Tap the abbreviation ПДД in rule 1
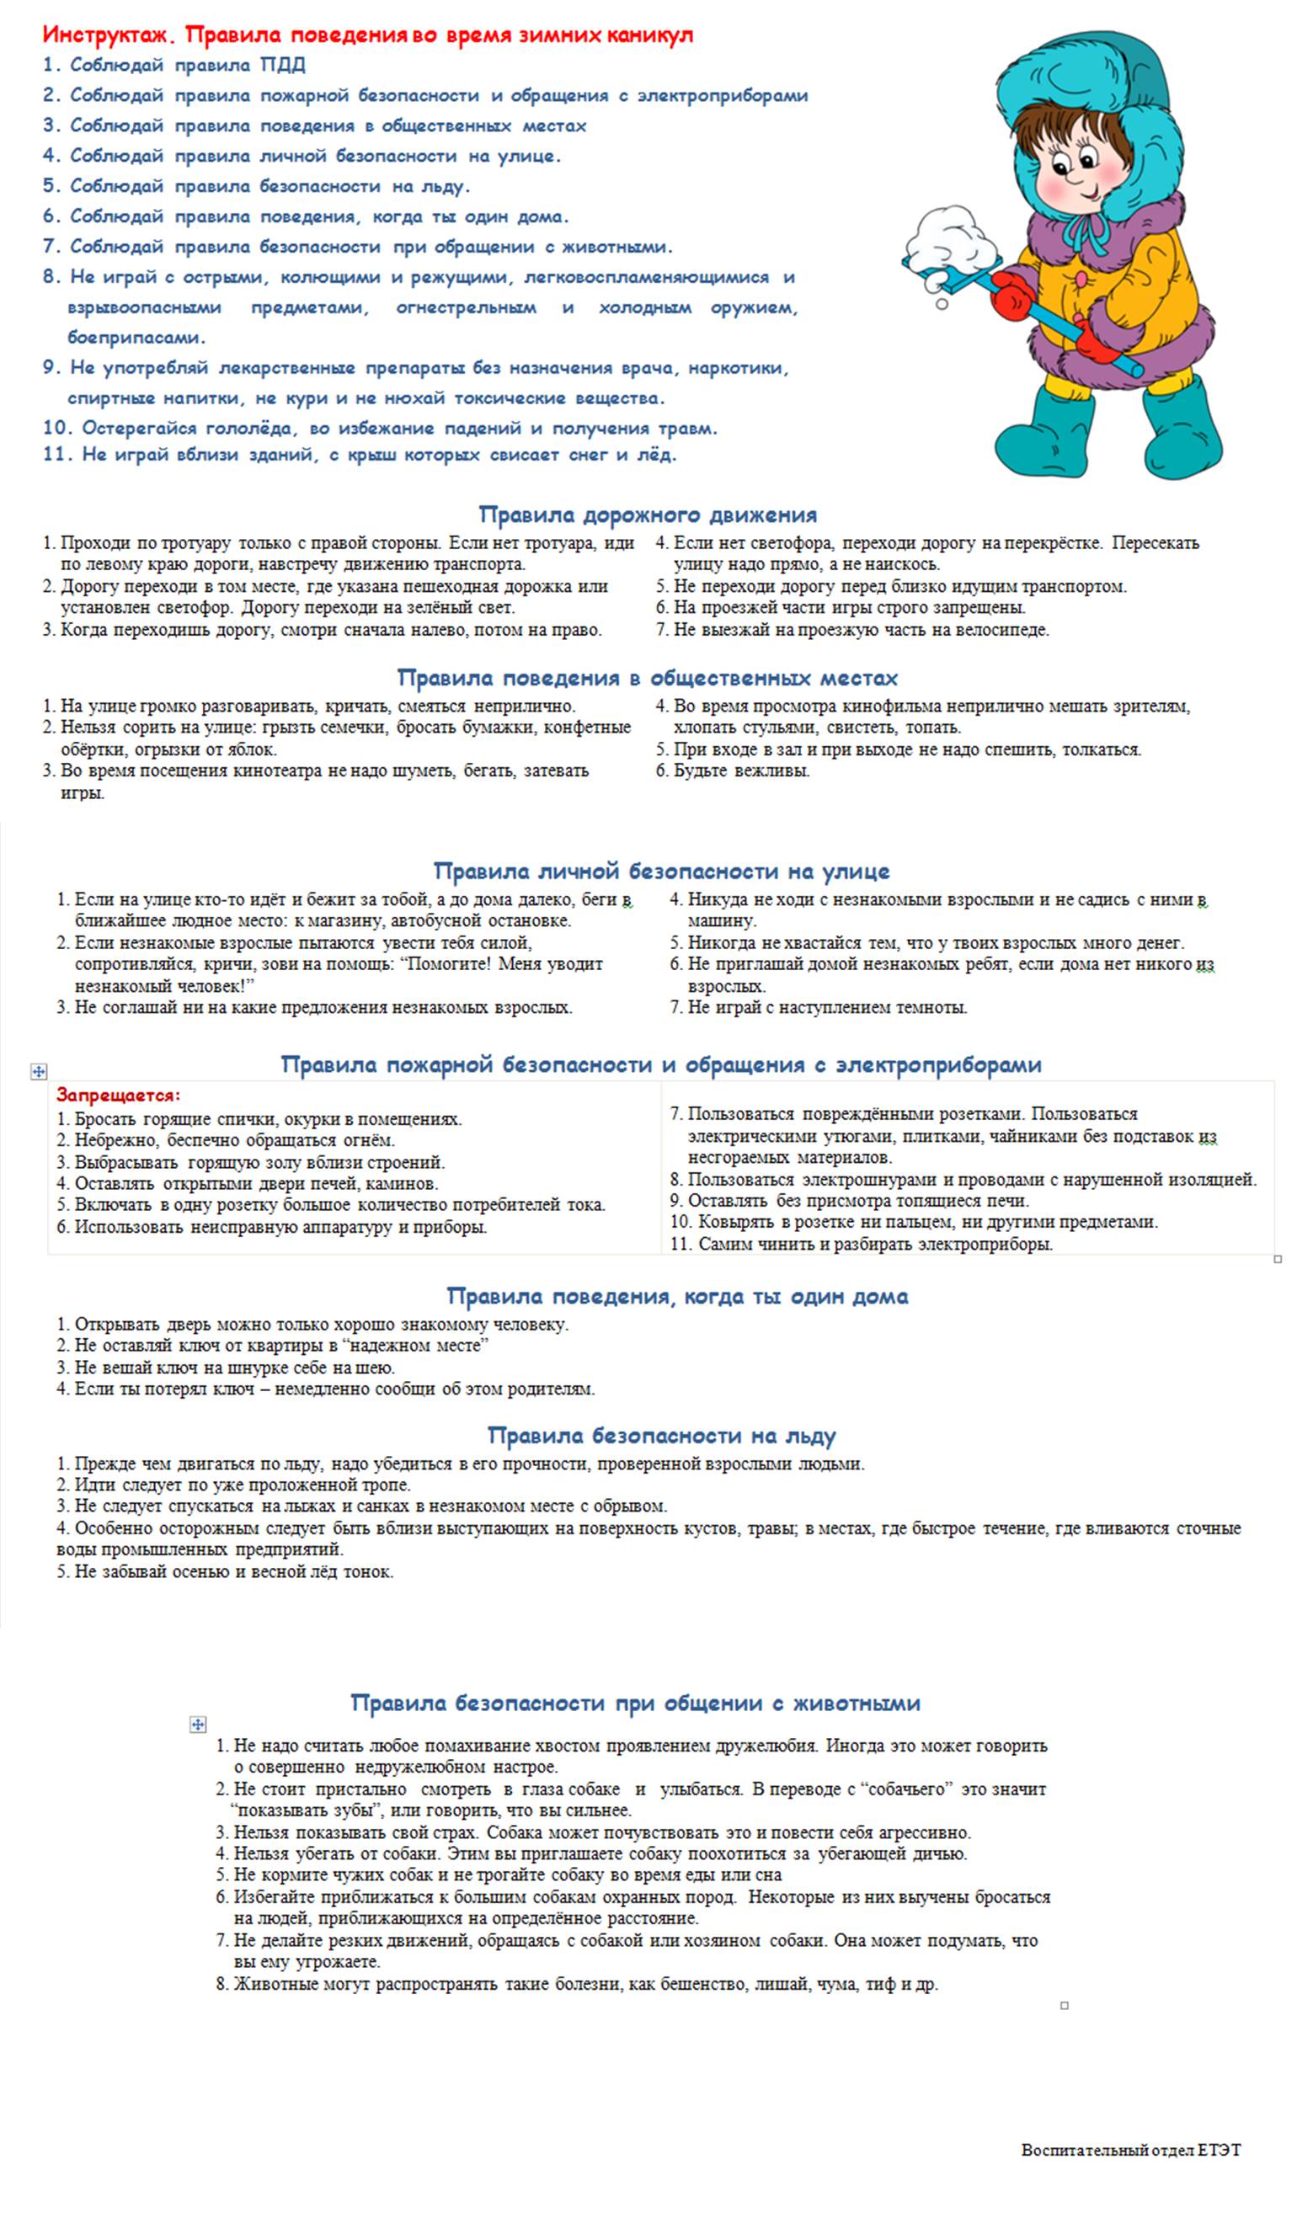pos(282,66)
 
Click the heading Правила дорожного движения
pos(648,515)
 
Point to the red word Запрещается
pos(118,1095)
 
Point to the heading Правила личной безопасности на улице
pos(661,872)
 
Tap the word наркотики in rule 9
pos(738,368)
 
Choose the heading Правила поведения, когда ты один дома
pos(677,1297)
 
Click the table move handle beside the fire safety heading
pos(38,1071)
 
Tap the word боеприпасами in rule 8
pos(136,338)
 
